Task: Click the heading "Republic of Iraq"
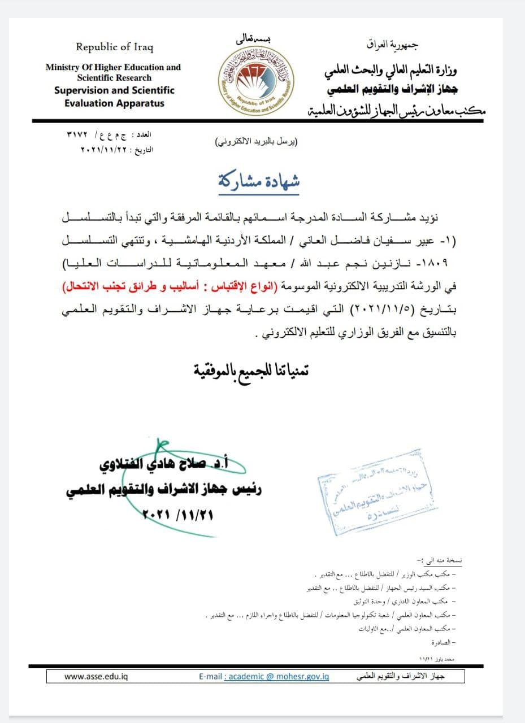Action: coord(115,47)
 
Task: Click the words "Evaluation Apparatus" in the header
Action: coord(114,103)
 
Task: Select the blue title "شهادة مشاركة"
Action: coord(259,180)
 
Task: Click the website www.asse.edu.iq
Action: coord(96,676)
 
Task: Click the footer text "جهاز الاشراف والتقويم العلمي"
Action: coord(401,676)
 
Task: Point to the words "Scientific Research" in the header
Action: coord(114,77)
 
